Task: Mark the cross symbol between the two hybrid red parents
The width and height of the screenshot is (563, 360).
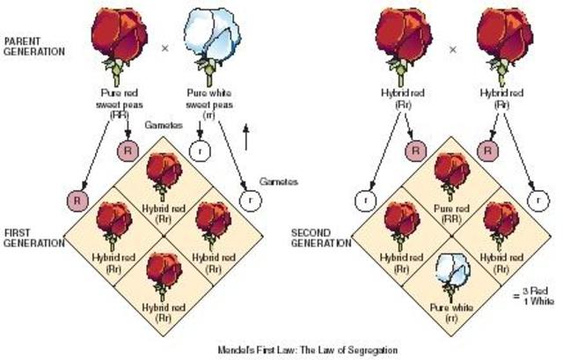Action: (x=452, y=50)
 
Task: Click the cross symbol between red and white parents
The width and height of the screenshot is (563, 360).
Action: (x=165, y=50)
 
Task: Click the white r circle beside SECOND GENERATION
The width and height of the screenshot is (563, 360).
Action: (x=364, y=201)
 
